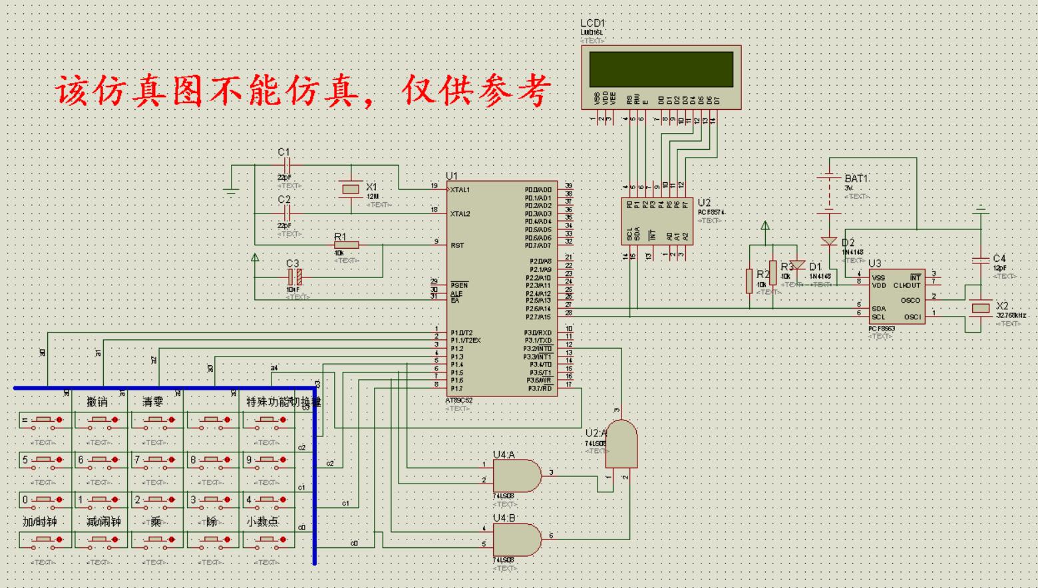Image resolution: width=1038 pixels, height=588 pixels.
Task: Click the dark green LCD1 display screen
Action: pyautogui.click(x=661, y=69)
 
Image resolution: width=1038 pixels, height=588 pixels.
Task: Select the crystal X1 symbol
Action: pyautogui.click(x=351, y=190)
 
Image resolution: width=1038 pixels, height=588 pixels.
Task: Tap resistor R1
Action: pyautogui.click(x=346, y=245)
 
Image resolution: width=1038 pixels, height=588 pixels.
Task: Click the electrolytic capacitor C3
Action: pyautogui.click(x=295, y=277)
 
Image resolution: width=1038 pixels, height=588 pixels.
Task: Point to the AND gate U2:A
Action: pyautogui.click(x=621, y=444)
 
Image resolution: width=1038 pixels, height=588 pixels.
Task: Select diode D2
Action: pyautogui.click(x=829, y=241)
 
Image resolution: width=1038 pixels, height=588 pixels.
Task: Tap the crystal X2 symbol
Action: pyautogui.click(x=981, y=308)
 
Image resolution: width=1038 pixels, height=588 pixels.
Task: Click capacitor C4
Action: pyautogui.click(x=981, y=260)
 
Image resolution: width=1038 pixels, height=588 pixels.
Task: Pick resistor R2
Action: pyautogui.click(x=750, y=280)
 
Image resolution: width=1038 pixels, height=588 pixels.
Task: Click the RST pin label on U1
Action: pyautogui.click(x=457, y=245)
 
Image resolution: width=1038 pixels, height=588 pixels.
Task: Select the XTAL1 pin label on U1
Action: pyautogui.click(x=460, y=190)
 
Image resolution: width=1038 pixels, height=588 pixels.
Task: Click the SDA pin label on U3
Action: pyautogui.click(x=878, y=308)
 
